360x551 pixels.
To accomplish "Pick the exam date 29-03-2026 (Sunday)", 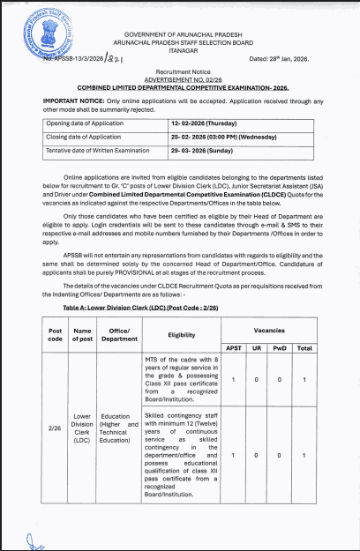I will (206, 153).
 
